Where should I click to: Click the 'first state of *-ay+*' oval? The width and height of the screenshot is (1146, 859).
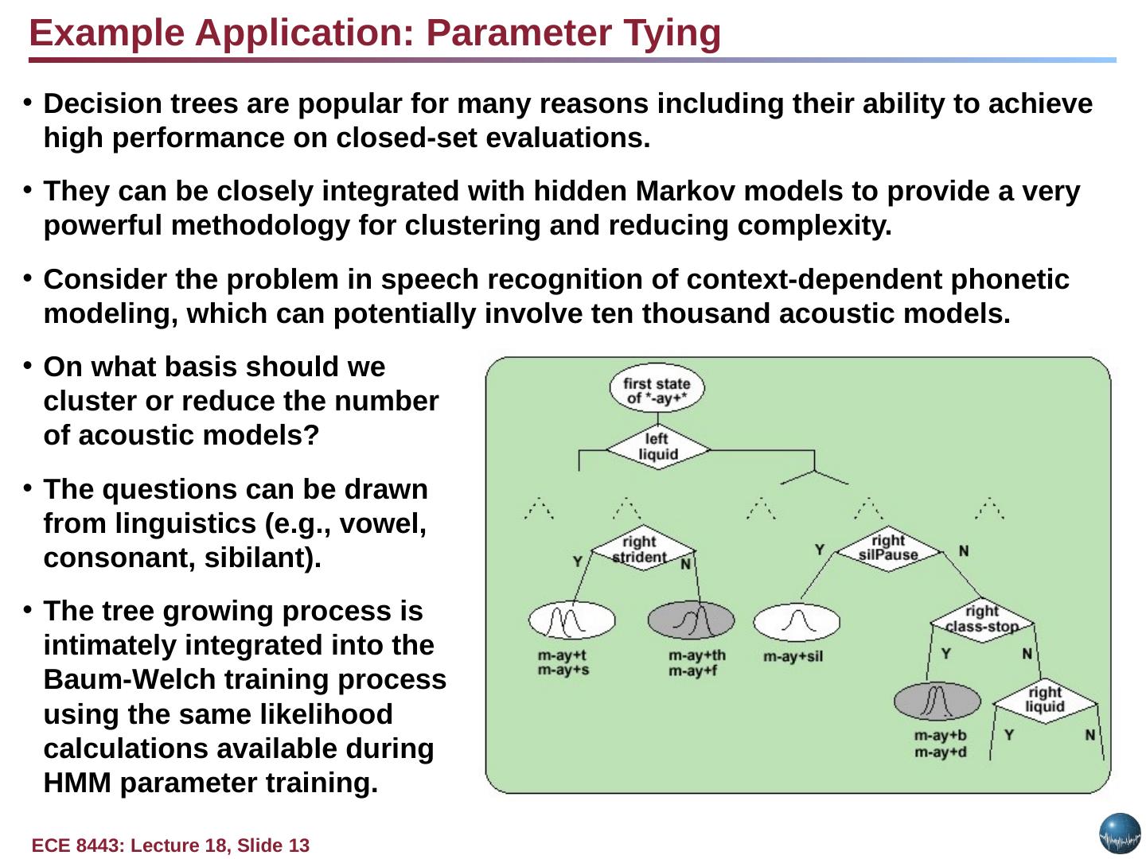coord(657,390)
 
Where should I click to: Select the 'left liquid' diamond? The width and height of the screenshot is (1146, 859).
coord(657,447)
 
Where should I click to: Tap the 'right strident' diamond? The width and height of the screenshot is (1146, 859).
coord(641,549)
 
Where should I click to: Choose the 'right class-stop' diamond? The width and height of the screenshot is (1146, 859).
coord(981,619)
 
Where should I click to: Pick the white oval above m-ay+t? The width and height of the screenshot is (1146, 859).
coord(571,620)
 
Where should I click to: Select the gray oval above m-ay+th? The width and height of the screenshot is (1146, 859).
coord(691,620)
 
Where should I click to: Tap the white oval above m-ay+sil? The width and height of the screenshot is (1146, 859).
coord(796,622)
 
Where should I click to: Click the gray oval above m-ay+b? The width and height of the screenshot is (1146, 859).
coord(937,702)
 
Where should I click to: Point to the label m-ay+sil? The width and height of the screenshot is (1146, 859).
coord(793,657)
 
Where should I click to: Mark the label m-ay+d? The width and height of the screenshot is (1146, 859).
coord(940,752)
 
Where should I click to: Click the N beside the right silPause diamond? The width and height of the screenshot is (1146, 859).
coord(963,550)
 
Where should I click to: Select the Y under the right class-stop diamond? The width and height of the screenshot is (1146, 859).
coord(945,654)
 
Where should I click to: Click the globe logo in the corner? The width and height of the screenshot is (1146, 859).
coord(1120,834)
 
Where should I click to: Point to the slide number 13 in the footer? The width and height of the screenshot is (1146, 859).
coord(299,845)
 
